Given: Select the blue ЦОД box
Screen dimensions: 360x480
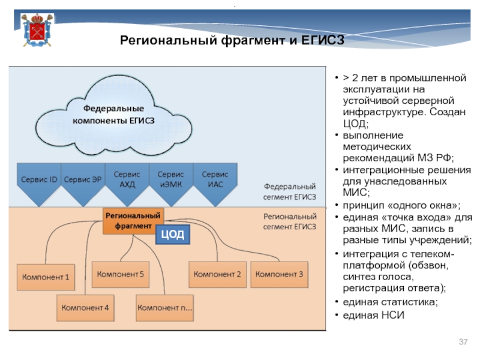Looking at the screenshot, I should tap(173, 235).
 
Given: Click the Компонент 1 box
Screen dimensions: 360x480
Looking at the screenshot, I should tap(46, 277).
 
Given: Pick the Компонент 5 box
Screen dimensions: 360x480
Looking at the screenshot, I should tap(121, 274).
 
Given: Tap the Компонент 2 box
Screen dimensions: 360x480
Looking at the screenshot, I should tap(217, 274).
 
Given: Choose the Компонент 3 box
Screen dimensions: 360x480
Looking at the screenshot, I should tap(280, 274).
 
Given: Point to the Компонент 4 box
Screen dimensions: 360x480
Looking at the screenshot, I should tap(85, 308).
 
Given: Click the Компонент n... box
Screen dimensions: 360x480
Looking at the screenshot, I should tap(164, 308).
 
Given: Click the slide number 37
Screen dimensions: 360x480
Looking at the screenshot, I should tap(463, 342).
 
